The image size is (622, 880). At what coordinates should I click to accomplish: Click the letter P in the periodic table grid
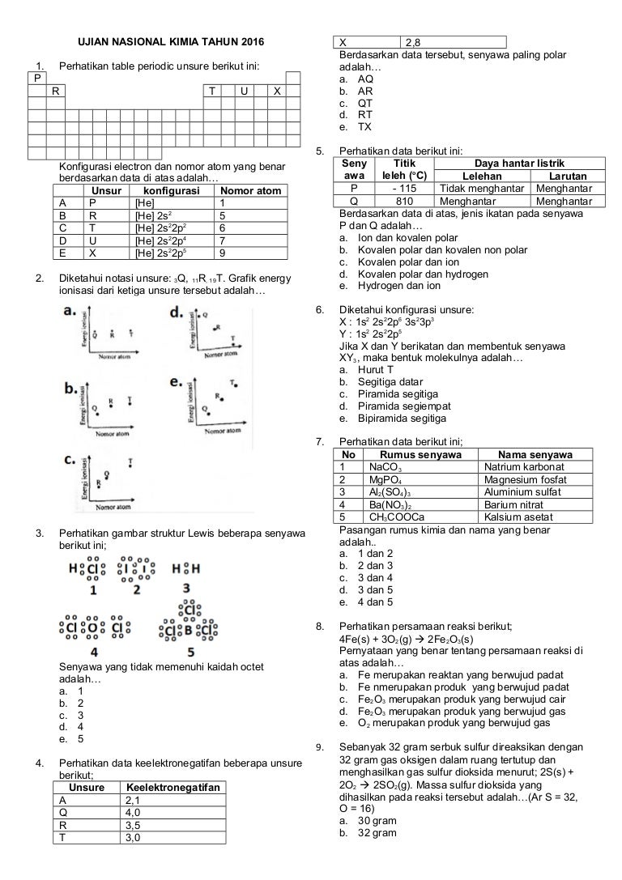pos(36,78)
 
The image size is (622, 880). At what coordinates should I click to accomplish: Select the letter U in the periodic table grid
pos(244,91)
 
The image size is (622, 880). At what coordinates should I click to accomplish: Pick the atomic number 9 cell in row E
pos(223,252)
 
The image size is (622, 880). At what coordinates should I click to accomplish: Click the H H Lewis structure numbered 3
pos(186,569)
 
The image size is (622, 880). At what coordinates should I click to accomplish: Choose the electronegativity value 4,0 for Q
pos(134,812)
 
